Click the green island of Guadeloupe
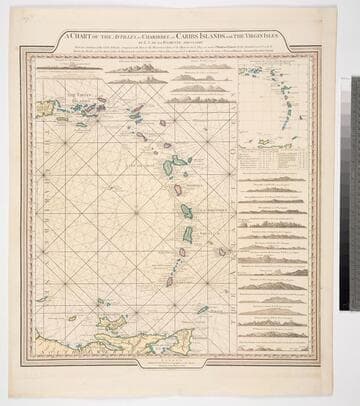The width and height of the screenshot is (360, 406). (178, 161)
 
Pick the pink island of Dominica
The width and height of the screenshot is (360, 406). (177, 189)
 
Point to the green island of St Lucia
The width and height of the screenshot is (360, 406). (187, 234)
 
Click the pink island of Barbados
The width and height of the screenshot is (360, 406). (222, 252)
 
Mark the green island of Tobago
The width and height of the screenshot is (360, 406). (202, 310)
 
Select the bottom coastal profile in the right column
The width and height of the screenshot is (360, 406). (276, 346)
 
